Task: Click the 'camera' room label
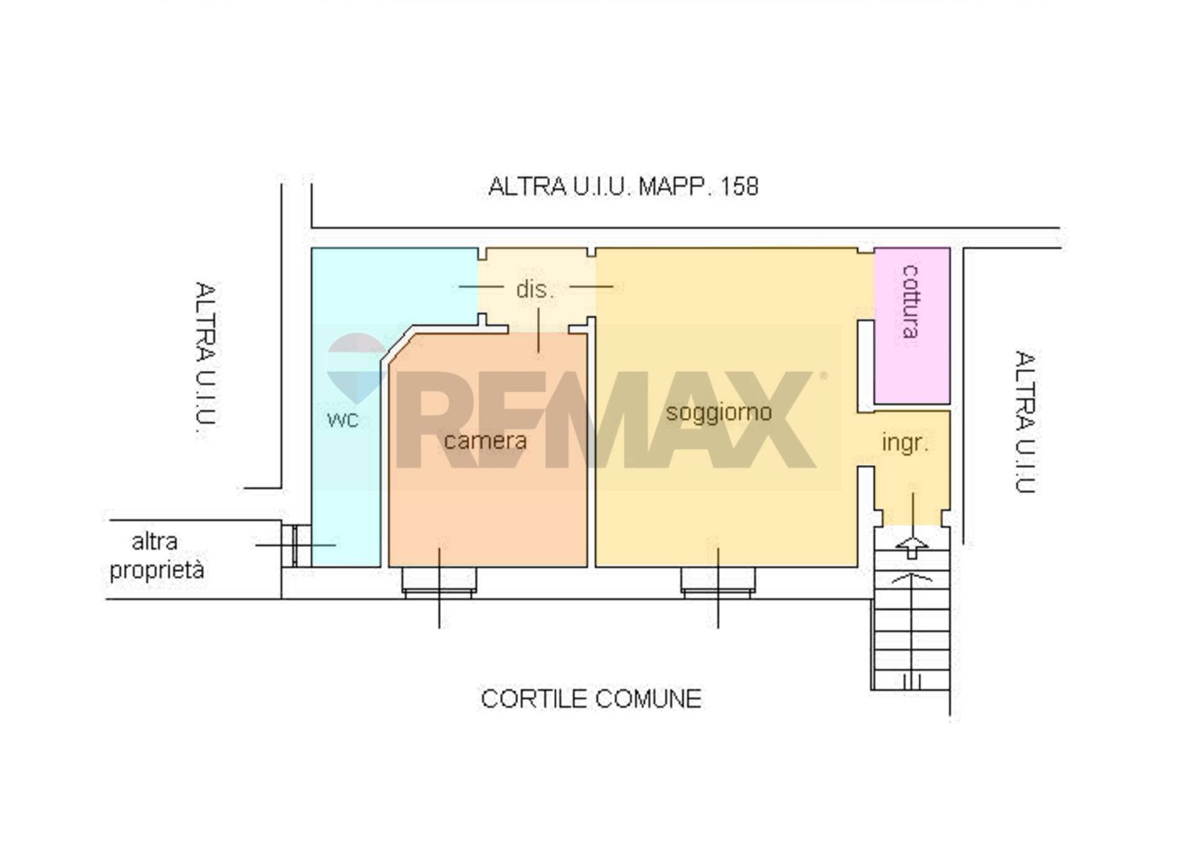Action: (485, 441)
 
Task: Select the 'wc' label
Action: (343, 420)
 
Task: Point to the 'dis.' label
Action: (535, 289)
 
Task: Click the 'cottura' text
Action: (910, 301)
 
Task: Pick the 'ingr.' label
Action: (905, 443)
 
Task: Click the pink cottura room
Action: (912, 326)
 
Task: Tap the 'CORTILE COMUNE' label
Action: (591, 699)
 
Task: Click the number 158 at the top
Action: (739, 186)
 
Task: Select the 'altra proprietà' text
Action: (156, 556)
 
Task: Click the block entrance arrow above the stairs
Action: (912, 547)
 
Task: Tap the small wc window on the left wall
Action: (296, 546)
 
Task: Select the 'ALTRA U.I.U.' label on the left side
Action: (206, 354)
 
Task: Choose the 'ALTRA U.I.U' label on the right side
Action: (1026, 422)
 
